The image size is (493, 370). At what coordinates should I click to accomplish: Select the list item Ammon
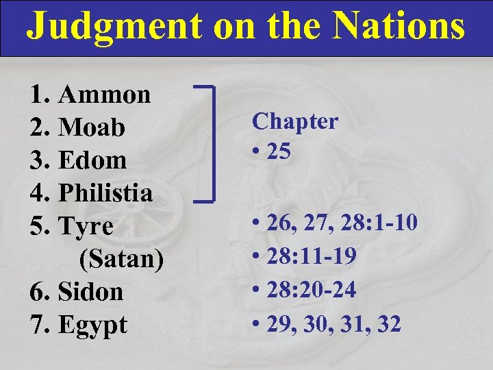(x=105, y=95)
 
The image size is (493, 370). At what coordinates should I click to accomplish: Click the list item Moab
(x=92, y=127)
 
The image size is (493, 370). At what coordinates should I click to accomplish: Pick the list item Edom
(x=93, y=160)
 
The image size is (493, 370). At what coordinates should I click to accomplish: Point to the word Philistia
(x=105, y=193)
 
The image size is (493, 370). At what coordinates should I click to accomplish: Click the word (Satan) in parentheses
(x=121, y=259)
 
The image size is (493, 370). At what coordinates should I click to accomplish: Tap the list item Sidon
(x=91, y=292)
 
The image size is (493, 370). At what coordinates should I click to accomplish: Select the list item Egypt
(x=93, y=325)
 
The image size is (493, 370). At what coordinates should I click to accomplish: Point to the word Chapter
(x=295, y=121)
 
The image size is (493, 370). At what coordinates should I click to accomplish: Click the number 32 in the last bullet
(x=388, y=324)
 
